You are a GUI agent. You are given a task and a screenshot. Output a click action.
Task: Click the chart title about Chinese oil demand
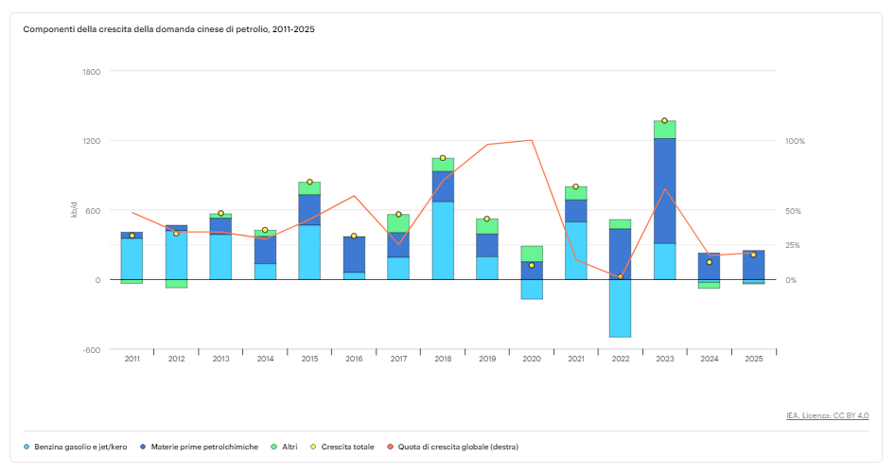(168, 29)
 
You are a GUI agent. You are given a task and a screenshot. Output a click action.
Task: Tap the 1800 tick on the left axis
(92, 72)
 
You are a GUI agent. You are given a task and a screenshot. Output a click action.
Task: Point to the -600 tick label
(92, 350)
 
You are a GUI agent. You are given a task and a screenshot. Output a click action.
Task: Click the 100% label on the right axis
(795, 141)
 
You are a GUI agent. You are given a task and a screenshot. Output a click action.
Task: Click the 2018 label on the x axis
(443, 360)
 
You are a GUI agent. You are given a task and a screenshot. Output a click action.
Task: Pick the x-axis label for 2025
(754, 360)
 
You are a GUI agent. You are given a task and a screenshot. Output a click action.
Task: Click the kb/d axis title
(74, 211)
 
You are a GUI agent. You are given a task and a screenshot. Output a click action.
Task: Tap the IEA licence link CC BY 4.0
(827, 415)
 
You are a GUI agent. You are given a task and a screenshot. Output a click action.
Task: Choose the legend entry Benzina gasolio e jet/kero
(80, 447)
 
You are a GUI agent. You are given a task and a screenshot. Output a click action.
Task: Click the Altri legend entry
(290, 447)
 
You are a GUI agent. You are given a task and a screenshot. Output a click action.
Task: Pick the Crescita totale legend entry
(347, 447)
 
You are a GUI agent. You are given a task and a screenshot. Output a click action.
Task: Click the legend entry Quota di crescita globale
(458, 447)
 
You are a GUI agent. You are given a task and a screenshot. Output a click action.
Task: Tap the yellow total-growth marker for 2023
(664, 121)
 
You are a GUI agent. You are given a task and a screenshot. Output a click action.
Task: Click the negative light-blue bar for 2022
(621, 308)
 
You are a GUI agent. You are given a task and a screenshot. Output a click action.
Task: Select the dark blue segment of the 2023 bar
(664, 191)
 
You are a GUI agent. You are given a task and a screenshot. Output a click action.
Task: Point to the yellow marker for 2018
(443, 158)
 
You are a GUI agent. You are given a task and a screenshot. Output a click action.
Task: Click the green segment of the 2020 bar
(532, 254)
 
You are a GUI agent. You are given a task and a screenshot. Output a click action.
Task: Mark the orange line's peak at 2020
(532, 140)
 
